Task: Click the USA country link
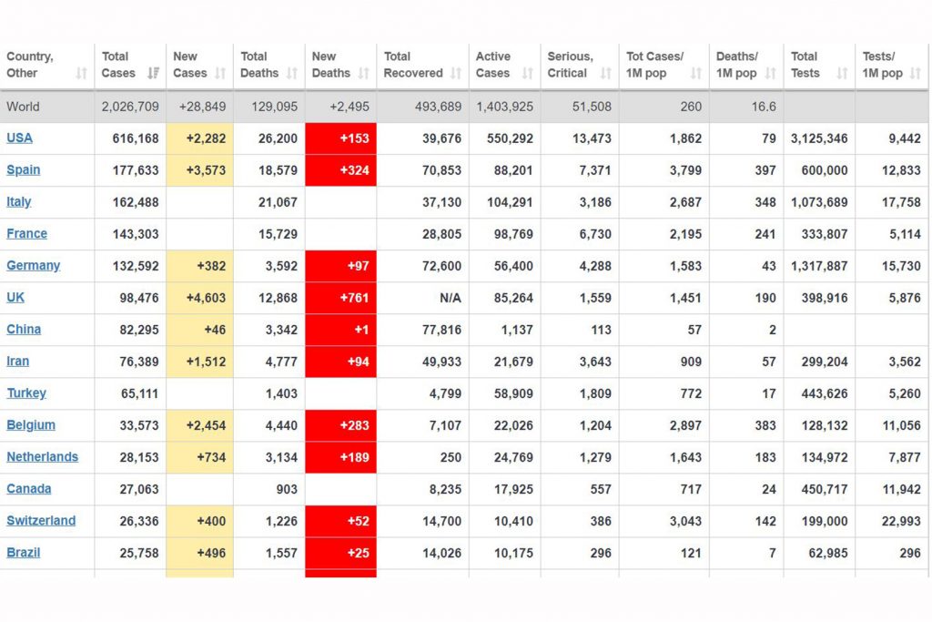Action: [20, 138]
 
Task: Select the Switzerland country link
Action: [41, 521]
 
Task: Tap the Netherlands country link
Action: [42, 456]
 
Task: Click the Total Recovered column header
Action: [413, 65]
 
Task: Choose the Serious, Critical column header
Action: [570, 65]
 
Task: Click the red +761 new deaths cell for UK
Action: [340, 298]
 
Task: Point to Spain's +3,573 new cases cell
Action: [199, 170]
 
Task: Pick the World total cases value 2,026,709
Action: [130, 107]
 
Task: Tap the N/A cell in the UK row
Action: [450, 298]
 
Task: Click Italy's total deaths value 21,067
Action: [278, 202]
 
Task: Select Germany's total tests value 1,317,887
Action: [819, 266]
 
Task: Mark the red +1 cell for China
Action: [340, 330]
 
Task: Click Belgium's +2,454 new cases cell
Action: [199, 425]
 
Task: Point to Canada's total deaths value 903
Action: [287, 489]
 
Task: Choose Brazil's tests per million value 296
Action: [910, 553]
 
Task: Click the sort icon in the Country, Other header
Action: [81, 73]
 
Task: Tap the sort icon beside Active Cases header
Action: [527, 73]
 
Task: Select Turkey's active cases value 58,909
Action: [513, 393]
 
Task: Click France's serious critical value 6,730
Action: [595, 234]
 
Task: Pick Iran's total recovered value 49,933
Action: [441, 362]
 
